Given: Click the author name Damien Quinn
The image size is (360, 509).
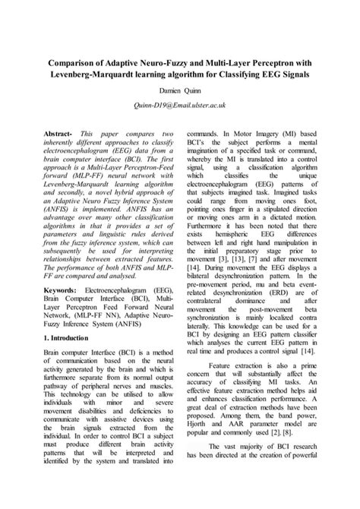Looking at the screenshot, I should (x=179, y=89).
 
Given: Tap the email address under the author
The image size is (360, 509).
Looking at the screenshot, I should (x=179, y=107).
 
